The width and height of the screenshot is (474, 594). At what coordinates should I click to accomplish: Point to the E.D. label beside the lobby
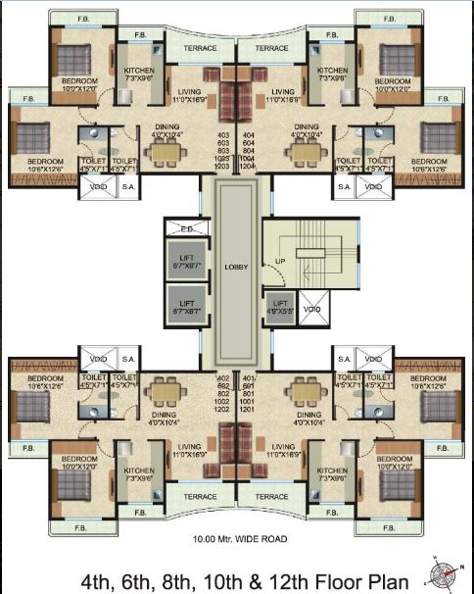pyautogui.click(x=186, y=230)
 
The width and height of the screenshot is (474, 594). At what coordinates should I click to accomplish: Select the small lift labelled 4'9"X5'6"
pyautogui.click(x=280, y=308)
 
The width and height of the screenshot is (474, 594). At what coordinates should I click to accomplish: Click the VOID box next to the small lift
pyautogui.click(x=311, y=310)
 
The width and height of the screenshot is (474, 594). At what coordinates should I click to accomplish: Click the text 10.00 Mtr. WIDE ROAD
pyautogui.click(x=237, y=538)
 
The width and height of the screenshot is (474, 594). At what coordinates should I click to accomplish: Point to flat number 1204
pyautogui.click(x=248, y=167)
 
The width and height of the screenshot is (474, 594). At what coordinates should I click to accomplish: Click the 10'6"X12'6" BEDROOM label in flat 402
pyautogui.click(x=45, y=380)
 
